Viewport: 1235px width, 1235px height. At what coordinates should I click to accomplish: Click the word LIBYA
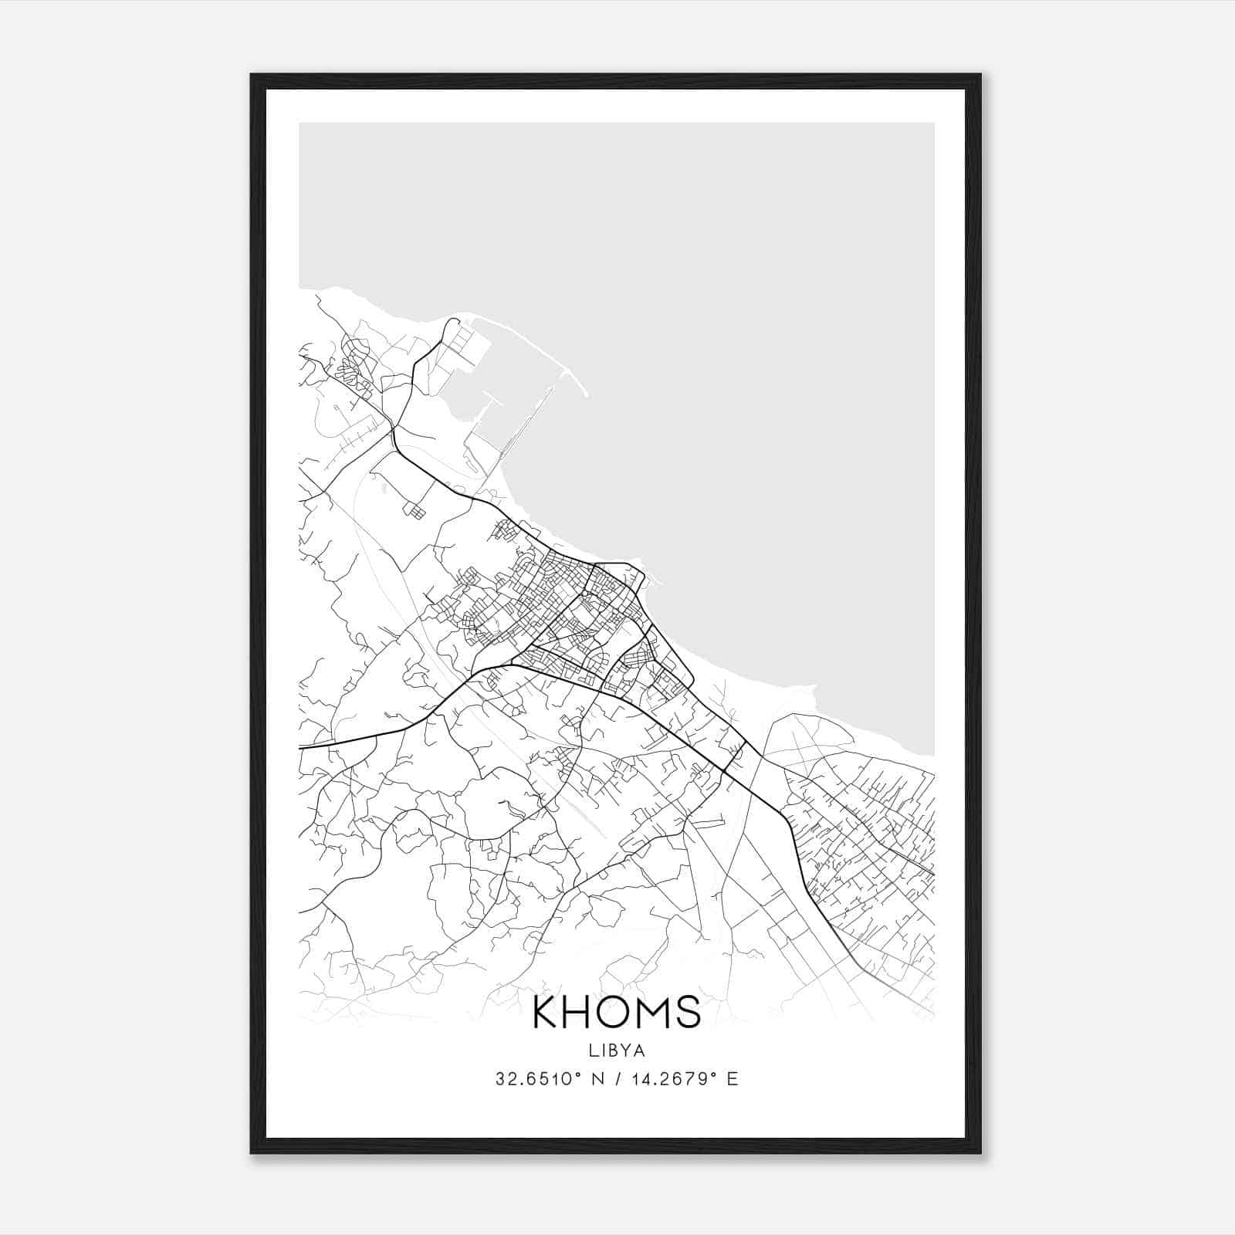617,1051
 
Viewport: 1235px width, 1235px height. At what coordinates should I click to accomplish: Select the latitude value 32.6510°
539,1079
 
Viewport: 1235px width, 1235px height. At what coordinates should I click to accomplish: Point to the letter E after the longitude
733,1079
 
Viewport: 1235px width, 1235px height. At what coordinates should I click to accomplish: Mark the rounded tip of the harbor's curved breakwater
586,394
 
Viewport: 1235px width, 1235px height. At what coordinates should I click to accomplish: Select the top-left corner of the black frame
252,76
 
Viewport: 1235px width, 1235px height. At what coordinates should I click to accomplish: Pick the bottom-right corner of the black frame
980,1152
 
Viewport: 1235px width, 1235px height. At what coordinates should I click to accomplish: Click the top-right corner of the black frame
980,76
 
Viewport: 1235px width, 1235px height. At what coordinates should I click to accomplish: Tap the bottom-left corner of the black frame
252,1152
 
